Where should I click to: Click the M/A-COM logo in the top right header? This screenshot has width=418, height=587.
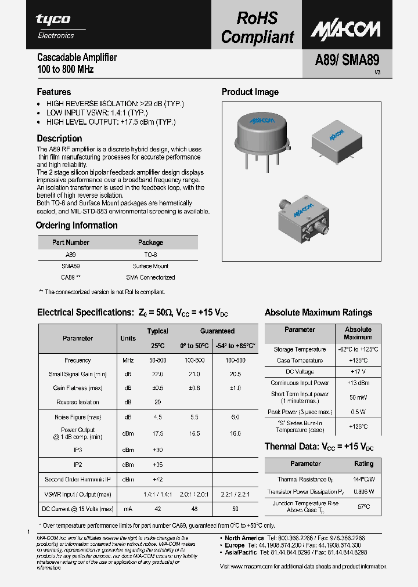point(345,30)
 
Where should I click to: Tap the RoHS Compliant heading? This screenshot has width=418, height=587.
point(257,28)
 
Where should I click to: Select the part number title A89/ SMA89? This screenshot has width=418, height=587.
point(339,61)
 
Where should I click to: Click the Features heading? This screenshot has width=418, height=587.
point(54,92)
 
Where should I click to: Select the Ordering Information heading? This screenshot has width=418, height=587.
point(77,226)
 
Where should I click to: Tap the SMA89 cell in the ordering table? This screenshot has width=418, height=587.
point(70,266)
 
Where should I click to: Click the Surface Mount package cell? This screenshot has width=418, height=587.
point(150,266)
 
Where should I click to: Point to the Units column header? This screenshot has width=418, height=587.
point(128,338)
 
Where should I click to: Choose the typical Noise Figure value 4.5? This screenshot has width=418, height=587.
point(157,416)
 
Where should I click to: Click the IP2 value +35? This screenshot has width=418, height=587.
point(157,465)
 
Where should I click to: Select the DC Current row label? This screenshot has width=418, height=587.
point(77,509)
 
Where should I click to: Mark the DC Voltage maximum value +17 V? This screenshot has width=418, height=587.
point(358,372)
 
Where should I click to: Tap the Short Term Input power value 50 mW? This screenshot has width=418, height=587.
point(358,397)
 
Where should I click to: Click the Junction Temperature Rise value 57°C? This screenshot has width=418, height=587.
point(363,506)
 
